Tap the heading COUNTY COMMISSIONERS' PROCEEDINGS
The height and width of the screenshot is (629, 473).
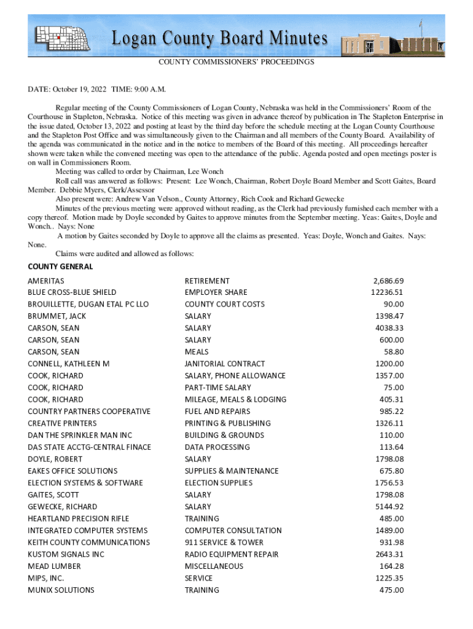pos(237,62)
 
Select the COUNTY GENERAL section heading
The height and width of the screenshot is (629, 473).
pos(60,267)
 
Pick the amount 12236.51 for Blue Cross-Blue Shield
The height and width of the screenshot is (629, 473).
pos(387,292)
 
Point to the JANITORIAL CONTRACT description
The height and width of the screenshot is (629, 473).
pos(225,364)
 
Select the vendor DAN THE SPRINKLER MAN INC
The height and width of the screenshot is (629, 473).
pos(80,435)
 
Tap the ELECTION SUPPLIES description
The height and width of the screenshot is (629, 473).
pos(219,483)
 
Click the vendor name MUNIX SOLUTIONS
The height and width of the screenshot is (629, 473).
pos(61,590)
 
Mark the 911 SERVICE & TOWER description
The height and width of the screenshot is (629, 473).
pos(224,542)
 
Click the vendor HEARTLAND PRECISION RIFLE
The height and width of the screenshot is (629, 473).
pos(79,518)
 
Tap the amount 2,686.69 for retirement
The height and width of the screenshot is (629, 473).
pos(388,281)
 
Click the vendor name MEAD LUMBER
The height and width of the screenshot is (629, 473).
pos(54,566)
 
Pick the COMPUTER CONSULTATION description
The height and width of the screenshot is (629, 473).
pos(233,530)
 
